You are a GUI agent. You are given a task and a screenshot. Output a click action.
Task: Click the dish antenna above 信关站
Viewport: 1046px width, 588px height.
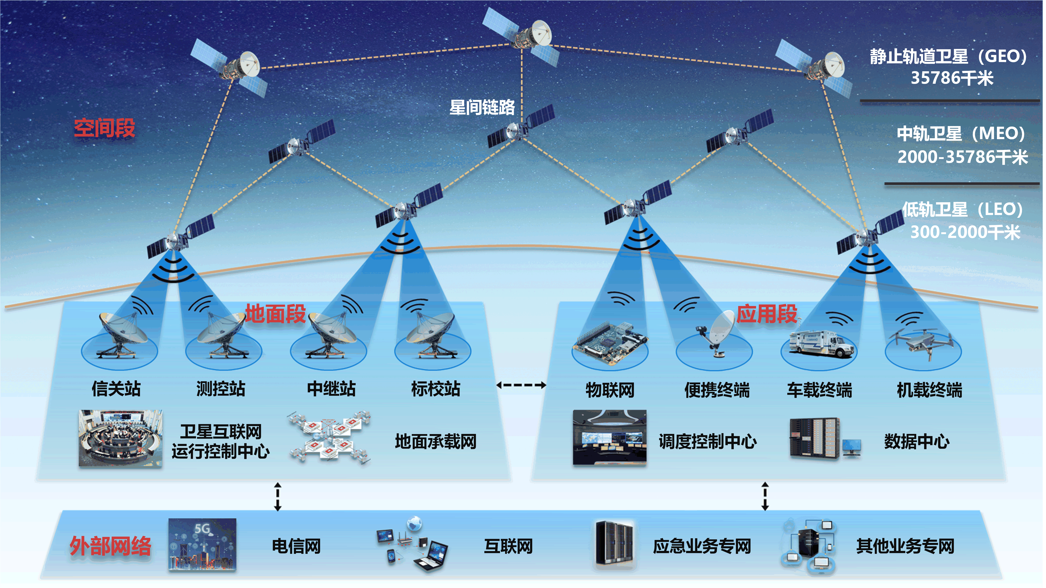121,335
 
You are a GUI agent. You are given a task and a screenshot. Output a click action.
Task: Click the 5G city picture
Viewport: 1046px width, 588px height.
202,545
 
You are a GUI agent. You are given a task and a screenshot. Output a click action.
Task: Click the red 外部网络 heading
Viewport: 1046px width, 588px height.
110,546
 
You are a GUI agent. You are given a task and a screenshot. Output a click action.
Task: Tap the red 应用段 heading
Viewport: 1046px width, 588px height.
767,314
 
